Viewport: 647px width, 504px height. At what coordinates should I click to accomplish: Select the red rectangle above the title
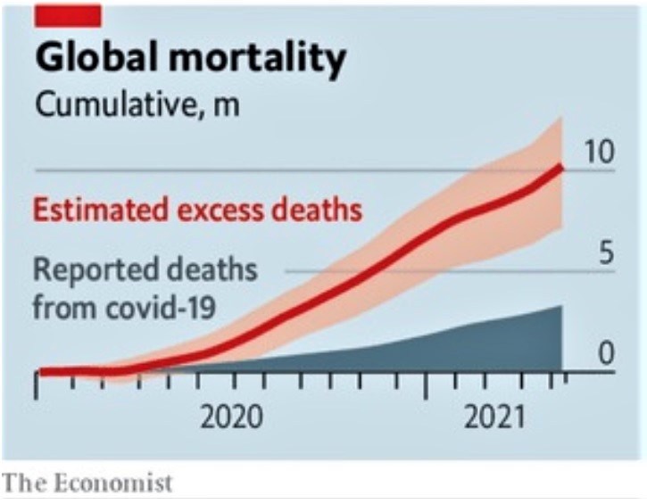[67, 14]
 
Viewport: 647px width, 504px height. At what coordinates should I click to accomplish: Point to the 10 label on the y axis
[600, 153]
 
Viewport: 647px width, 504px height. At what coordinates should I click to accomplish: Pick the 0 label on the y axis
[607, 355]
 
